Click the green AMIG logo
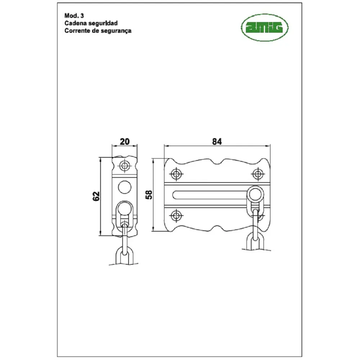tap(265, 28)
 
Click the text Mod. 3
tap(74, 15)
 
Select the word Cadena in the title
tap(75, 23)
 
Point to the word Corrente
tap(77, 31)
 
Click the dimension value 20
tap(125, 141)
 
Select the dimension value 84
tap(217, 141)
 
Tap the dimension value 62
tap(96, 196)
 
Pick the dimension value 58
tap(149, 195)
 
